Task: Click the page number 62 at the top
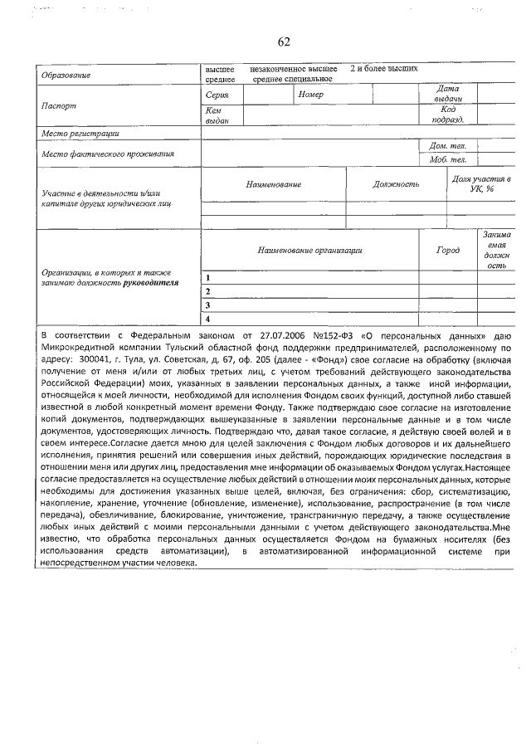(284, 42)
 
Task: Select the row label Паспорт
(59, 106)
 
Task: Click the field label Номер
(309, 95)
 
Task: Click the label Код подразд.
(448, 115)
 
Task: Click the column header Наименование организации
(309, 250)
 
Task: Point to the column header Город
(448, 250)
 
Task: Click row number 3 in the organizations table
(207, 305)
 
